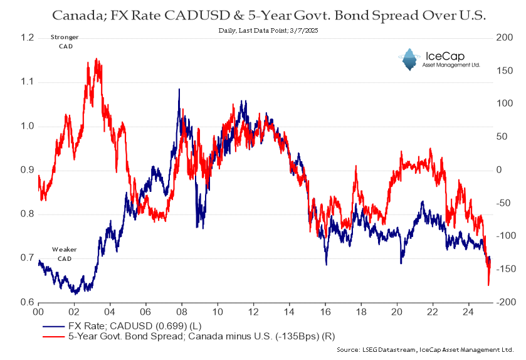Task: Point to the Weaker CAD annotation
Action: click(65, 254)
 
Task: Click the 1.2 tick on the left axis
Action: click(26, 38)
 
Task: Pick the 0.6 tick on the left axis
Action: click(26, 302)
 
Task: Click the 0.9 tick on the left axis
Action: click(26, 170)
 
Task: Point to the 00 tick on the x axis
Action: click(38, 311)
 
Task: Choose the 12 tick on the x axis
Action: click(253, 311)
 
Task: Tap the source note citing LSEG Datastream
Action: click(424, 349)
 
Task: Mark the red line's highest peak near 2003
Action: click(96, 60)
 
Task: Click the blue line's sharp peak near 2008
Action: click(179, 90)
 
